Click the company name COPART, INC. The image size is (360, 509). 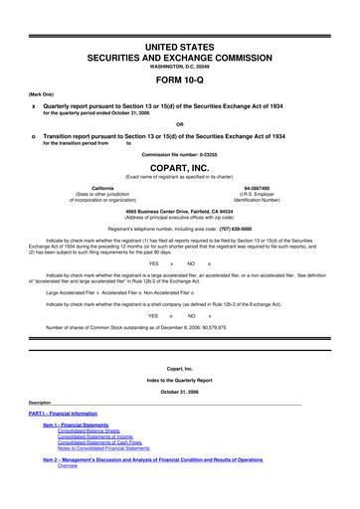(179, 170)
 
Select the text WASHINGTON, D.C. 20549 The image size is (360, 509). (179, 65)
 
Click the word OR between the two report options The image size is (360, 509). (179, 124)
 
